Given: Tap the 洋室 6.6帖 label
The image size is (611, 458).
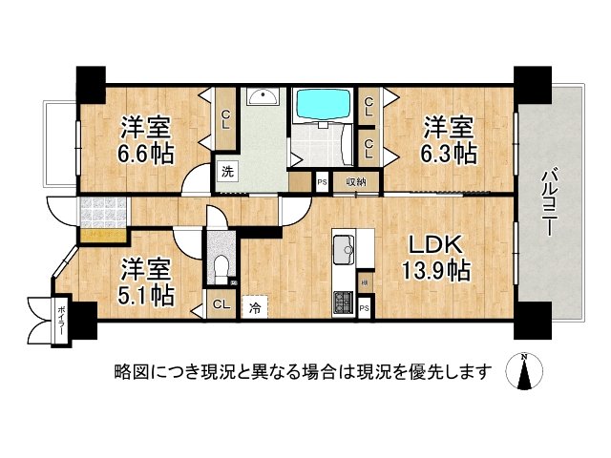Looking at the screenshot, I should point(146,139).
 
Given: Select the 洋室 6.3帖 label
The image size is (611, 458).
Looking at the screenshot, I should point(450,139).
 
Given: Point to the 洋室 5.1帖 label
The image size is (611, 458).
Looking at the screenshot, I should point(146,281).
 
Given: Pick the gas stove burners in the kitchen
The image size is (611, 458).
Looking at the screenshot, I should point(343,304).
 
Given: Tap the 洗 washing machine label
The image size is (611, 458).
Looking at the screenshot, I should point(227,173).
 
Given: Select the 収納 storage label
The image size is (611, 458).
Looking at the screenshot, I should point(355,180).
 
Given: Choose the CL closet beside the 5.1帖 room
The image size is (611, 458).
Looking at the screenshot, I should point(220,305).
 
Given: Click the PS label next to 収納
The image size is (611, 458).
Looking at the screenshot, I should point(322,180).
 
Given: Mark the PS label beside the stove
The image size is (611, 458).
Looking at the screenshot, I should point(366,306).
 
